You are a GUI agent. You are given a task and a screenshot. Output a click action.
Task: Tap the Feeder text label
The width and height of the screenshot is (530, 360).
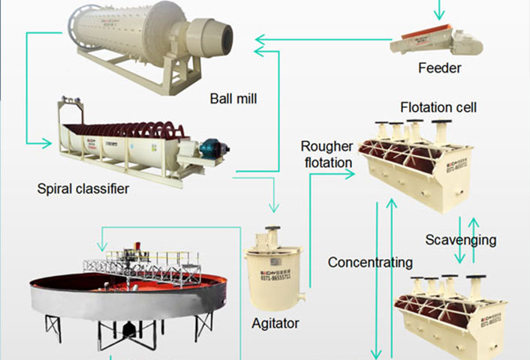[x=439, y=68]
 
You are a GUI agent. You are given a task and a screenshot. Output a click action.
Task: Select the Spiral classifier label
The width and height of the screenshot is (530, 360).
[x=83, y=189]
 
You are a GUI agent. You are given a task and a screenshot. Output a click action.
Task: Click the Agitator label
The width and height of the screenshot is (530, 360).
[x=276, y=324]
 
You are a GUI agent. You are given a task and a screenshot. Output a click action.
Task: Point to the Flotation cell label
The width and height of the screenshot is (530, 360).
[x=438, y=107]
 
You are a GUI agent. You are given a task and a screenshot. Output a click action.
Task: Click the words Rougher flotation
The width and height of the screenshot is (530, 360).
[x=327, y=154]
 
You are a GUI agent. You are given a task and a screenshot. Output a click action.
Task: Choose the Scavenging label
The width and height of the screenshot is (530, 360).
[x=460, y=240]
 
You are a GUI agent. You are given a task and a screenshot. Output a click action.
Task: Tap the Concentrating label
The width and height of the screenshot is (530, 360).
[x=370, y=262]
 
